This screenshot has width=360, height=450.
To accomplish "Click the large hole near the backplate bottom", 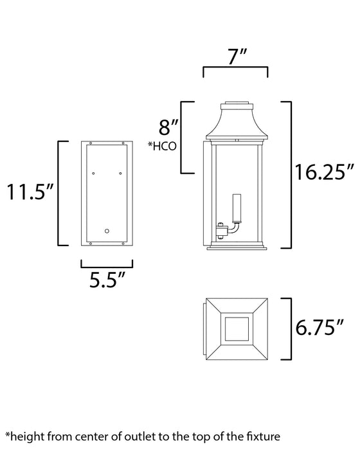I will pyautogui.click(x=107, y=230).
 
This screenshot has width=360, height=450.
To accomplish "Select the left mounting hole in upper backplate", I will pyautogui.click(x=94, y=172).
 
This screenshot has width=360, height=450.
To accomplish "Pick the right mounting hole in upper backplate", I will pyautogui.click(x=120, y=172).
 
